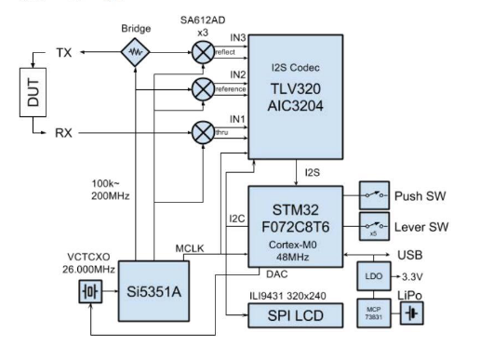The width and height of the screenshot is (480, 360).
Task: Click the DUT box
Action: pyautogui.click(x=33, y=92)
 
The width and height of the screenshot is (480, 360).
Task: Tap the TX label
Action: pyautogui.click(x=64, y=53)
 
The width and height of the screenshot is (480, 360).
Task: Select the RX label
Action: pyautogui.click(x=63, y=133)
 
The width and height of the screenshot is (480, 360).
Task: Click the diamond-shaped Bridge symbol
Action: pyautogui.click(x=135, y=52)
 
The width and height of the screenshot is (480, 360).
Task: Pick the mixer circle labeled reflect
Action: pyautogui.click(x=203, y=52)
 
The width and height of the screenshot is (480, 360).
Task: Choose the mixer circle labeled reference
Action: pyautogui.click(x=203, y=89)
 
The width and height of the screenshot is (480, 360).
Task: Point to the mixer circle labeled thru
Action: pyautogui.click(x=203, y=133)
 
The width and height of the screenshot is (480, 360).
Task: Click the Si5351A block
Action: pyautogui.click(x=153, y=291)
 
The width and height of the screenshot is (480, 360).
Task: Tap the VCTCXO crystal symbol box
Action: pyautogui.click(x=90, y=291)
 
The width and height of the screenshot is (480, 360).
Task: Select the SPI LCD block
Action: pyautogui.click(x=296, y=315)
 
